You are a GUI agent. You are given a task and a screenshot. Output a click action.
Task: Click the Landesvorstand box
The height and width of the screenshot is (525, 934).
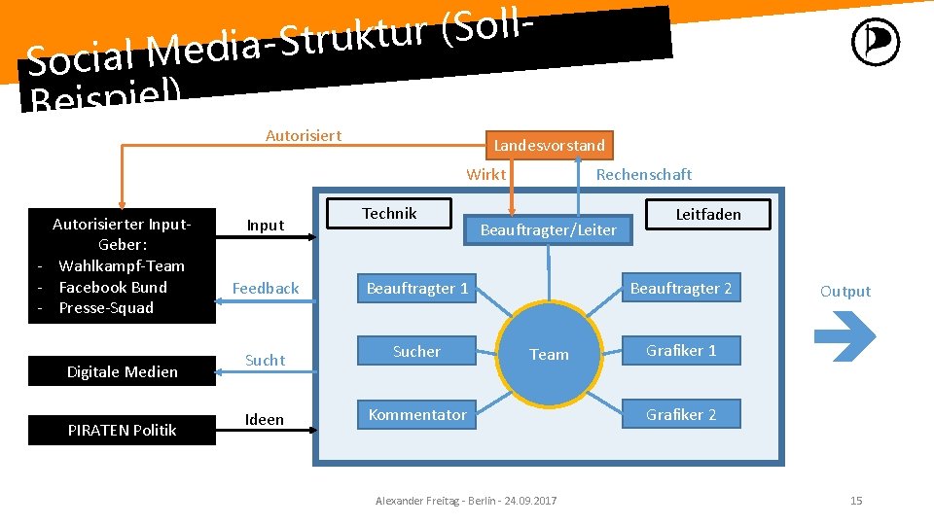(x=550, y=145)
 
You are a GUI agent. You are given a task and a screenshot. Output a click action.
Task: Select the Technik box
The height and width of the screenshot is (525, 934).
(x=389, y=214)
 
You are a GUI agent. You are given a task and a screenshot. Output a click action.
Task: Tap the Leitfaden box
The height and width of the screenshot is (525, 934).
(x=708, y=214)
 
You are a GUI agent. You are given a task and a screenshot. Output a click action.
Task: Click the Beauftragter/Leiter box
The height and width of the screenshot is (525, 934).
(x=549, y=229)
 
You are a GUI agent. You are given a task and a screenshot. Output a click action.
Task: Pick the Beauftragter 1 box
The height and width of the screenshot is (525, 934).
(x=417, y=288)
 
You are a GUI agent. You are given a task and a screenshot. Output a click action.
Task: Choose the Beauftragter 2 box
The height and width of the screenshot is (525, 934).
(x=681, y=288)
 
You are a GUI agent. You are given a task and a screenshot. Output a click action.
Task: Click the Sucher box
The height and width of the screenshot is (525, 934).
(x=417, y=351)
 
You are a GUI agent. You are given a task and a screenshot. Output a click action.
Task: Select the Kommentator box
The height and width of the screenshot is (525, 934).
(x=417, y=414)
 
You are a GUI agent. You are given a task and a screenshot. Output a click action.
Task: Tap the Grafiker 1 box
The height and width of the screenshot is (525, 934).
(x=681, y=350)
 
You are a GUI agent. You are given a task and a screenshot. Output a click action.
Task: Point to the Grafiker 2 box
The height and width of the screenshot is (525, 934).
(x=681, y=414)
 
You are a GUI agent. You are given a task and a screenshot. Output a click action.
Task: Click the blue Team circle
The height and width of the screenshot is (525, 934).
(x=549, y=355)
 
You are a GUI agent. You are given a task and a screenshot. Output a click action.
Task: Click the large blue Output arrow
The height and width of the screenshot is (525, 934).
(x=844, y=336)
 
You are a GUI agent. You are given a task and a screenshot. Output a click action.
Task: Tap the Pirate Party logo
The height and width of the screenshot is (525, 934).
(x=876, y=43)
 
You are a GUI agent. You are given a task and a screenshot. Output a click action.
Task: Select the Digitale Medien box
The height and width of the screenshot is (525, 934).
(x=123, y=371)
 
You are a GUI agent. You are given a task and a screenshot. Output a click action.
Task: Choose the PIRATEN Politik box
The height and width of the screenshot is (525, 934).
(x=123, y=430)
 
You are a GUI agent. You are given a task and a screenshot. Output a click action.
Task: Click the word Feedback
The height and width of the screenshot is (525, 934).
(x=266, y=288)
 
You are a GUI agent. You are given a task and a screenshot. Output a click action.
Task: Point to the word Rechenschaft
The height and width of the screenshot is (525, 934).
(x=644, y=174)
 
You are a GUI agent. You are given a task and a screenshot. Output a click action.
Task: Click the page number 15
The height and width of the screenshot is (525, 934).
(x=856, y=501)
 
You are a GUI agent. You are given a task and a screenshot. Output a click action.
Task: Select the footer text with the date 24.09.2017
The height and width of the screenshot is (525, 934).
(x=466, y=501)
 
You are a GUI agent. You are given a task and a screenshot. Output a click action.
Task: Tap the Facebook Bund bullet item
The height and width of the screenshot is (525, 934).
(x=113, y=287)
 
